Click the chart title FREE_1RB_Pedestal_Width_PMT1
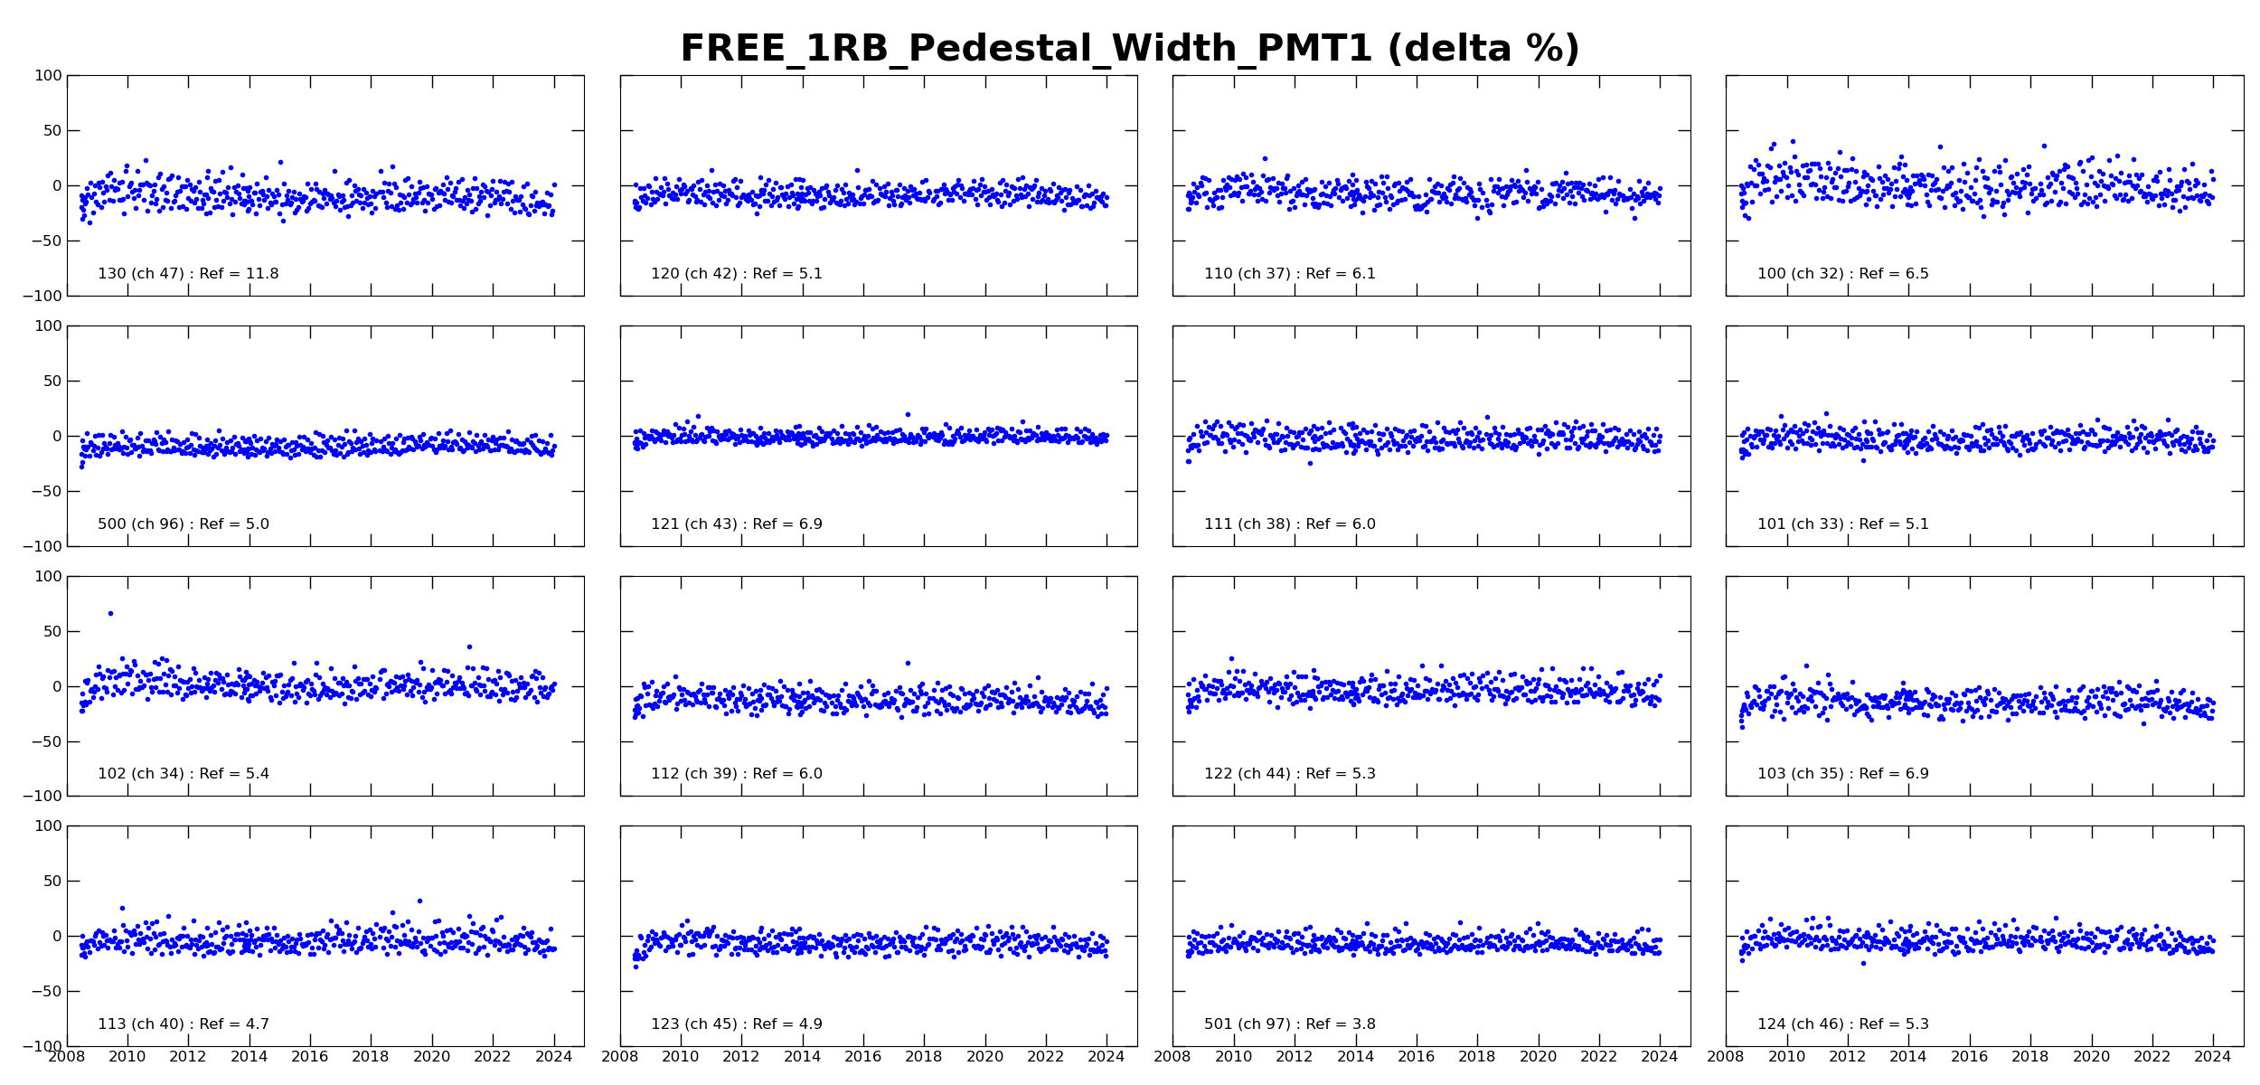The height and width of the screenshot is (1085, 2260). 1129,49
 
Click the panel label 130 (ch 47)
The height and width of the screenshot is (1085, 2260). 188,274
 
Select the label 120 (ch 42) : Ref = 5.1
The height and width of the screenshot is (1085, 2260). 736,274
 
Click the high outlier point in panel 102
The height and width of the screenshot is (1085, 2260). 110,613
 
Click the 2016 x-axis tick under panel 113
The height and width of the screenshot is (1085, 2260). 309,1057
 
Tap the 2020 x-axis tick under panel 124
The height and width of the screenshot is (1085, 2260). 2091,1057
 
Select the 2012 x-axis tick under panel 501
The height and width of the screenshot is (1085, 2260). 1294,1057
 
